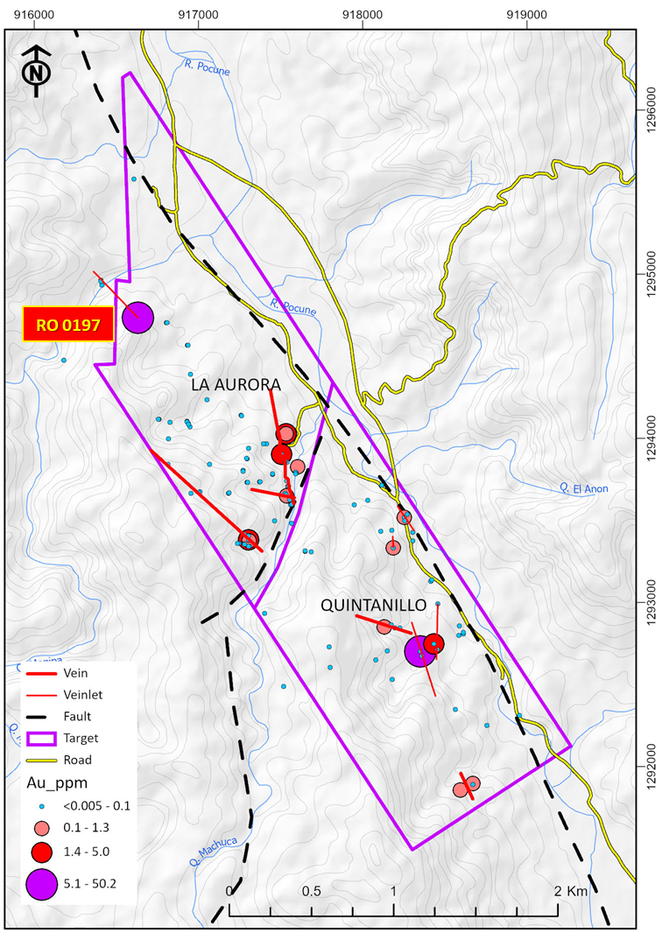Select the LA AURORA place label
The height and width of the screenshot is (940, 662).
[x=236, y=385]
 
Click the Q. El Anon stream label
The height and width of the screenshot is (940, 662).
[x=582, y=488]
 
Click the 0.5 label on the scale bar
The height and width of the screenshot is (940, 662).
[x=311, y=891]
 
